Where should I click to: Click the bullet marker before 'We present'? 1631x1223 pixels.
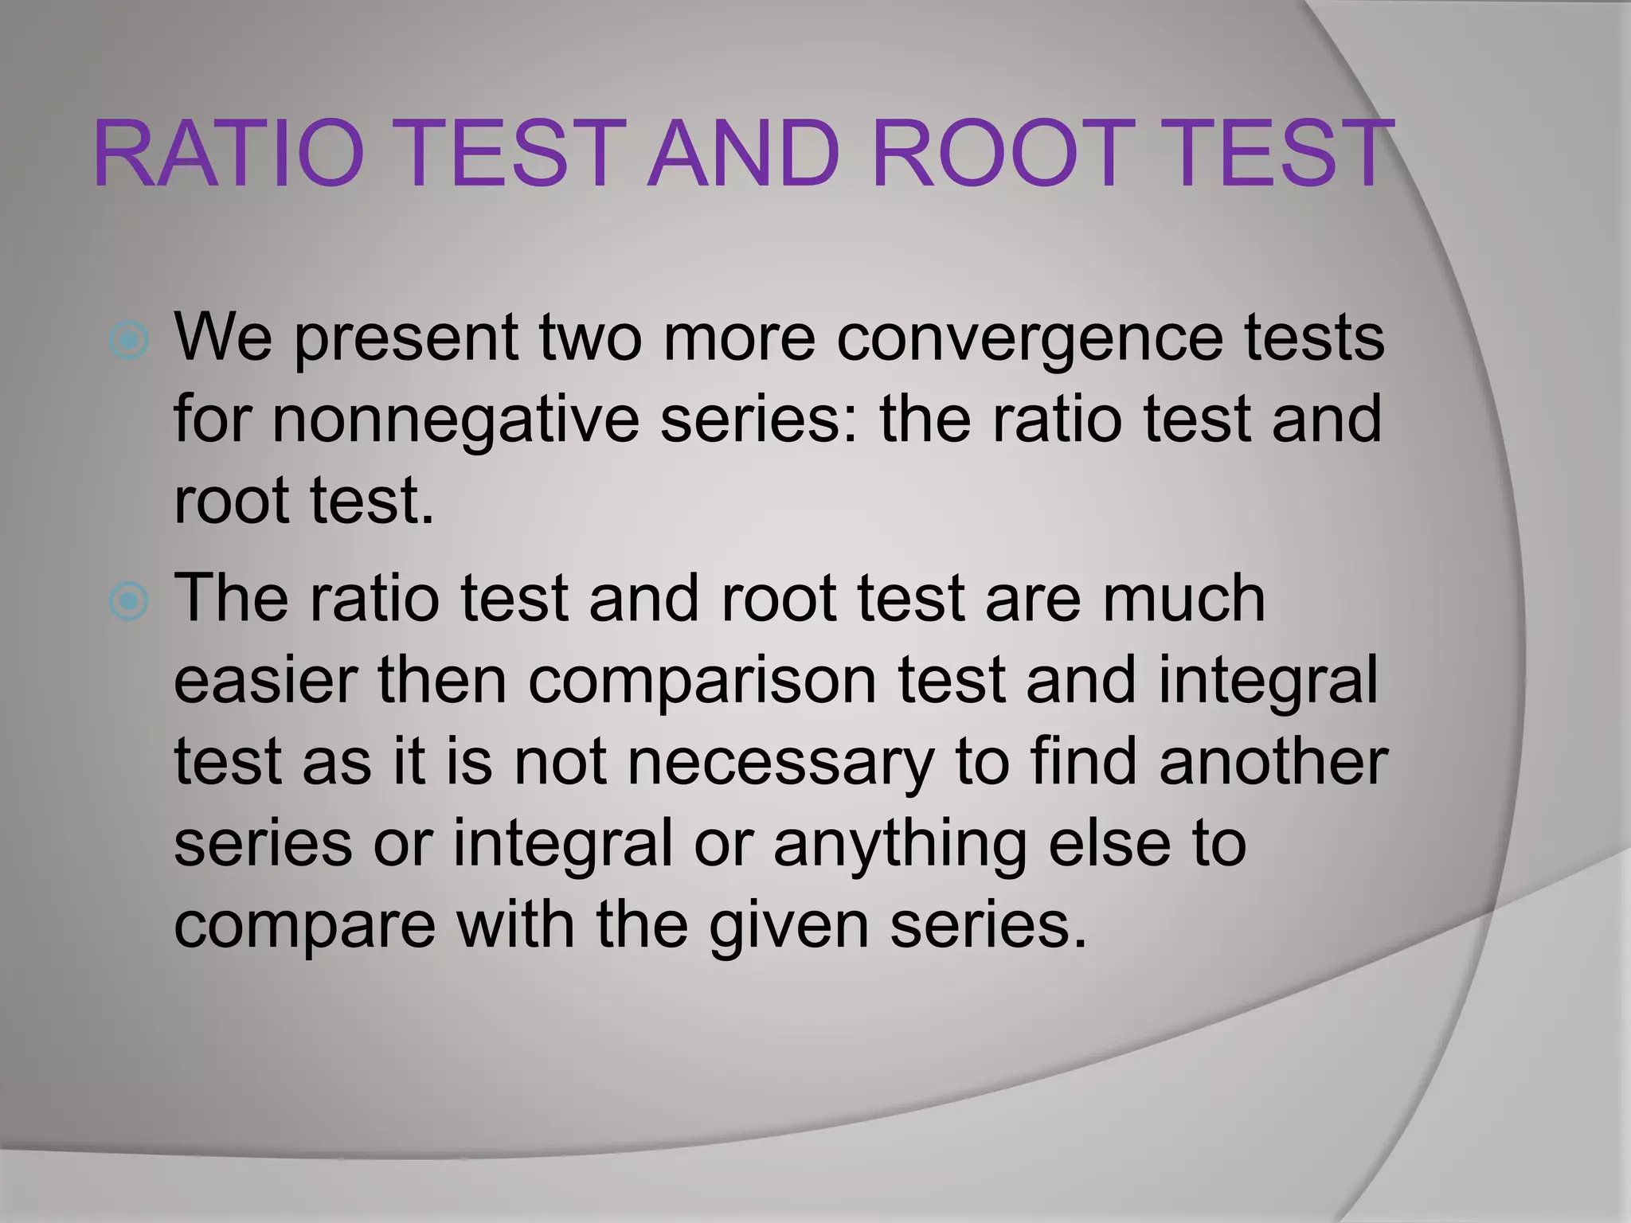(x=128, y=341)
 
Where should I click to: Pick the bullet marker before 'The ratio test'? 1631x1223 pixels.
(x=128, y=602)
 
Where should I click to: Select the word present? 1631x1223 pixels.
(x=406, y=339)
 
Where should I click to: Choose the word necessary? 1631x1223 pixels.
(x=780, y=763)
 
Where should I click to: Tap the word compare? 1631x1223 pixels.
(x=304, y=927)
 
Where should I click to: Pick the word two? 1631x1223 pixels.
(x=590, y=339)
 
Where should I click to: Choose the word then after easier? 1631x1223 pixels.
(x=442, y=682)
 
